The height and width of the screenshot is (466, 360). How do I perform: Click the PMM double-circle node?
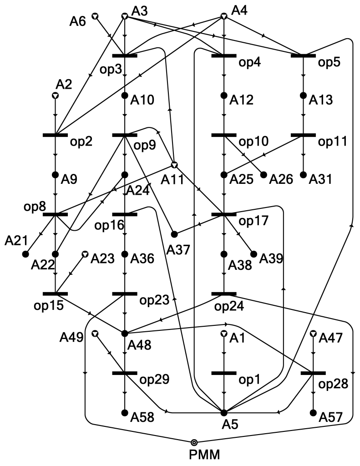pyautogui.click(x=194, y=442)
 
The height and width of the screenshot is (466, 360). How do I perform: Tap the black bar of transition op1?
pyautogui.click(x=223, y=373)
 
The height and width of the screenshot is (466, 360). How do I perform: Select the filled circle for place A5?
pyautogui.click(x=223, y=413)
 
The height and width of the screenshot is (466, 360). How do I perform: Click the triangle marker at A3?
pyautogui.click(x=124, y=16)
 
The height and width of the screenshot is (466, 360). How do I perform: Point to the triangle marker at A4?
pyautogui.click(x=223, y=16)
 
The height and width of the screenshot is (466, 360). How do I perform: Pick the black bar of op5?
pyautogui.click(x=303, y=56)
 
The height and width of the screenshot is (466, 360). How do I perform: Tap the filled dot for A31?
pyautogui.click(x=303, y=175)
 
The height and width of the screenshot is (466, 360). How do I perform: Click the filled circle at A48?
pyautogui.click(x=125, y=334)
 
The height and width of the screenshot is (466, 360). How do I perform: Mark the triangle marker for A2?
pyautogui.click(x=55, y=96)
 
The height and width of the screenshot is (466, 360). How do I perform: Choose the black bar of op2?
pyautogui.click(x=55, y=135)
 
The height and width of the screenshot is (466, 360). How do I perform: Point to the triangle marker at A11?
pyautogui.click(x=174, y=164)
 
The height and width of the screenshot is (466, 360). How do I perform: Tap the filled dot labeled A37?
pyautogui.click(x=174, y=234)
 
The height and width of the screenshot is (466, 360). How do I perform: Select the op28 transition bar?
pyautogui.click(x=313, y=373)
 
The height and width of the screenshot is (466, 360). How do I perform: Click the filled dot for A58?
pyautogui.click(x=125, y=413)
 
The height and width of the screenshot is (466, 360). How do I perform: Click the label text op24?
pyautogui.click(x=231, y=306)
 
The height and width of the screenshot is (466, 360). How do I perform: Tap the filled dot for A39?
pyautogui.click(x=254, y=254)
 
